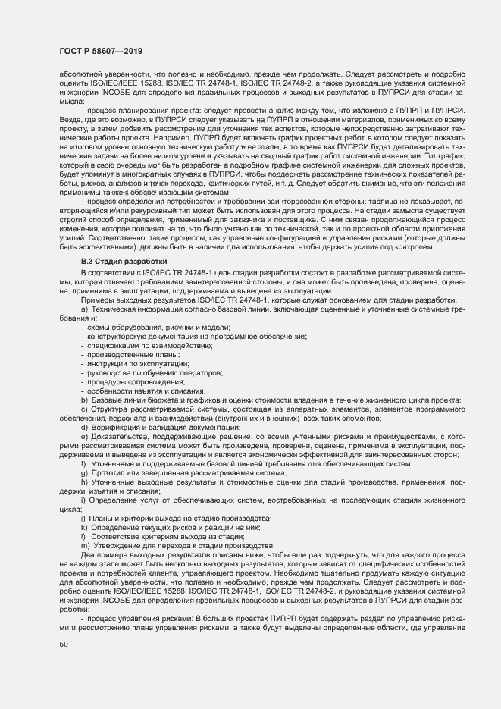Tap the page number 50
(64, 645)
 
